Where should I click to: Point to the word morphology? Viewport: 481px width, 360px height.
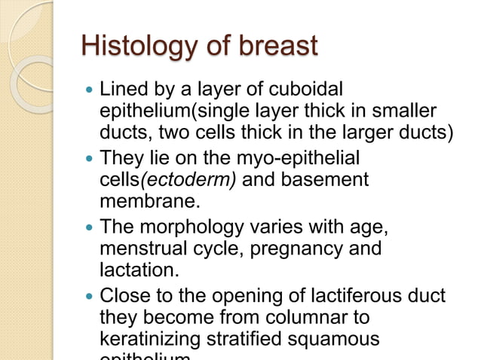pos(188,227)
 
